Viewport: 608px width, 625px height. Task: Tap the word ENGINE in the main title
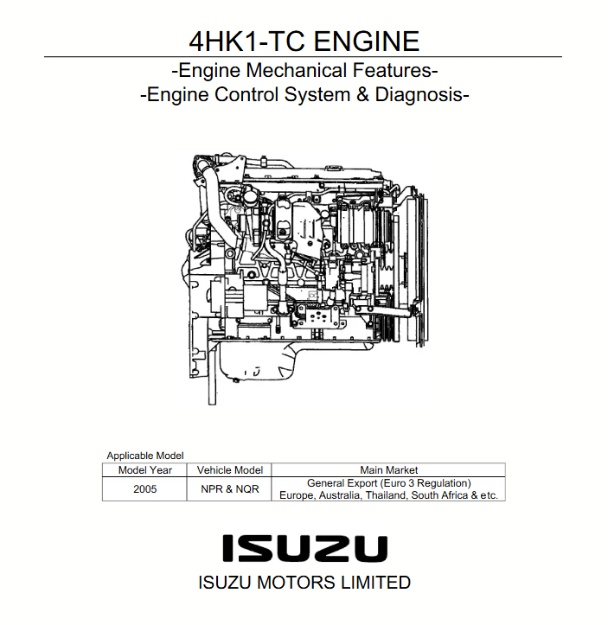367,41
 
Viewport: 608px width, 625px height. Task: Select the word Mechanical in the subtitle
297,71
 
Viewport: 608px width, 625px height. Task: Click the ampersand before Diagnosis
362,95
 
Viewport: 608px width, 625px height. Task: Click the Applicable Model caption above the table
145,456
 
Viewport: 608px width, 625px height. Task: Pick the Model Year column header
145,470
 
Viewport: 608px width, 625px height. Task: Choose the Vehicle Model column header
230,470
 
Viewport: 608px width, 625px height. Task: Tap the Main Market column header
388,470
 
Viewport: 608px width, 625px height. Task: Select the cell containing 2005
145,489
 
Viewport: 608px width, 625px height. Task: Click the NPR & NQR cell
230,489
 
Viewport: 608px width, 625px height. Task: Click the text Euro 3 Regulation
426,483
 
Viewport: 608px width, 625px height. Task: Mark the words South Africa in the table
439,495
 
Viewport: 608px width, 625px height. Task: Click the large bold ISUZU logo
304,548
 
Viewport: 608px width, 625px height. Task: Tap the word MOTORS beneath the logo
297,583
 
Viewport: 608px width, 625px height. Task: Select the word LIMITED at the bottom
375,583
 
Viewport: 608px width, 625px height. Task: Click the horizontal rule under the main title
303,57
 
